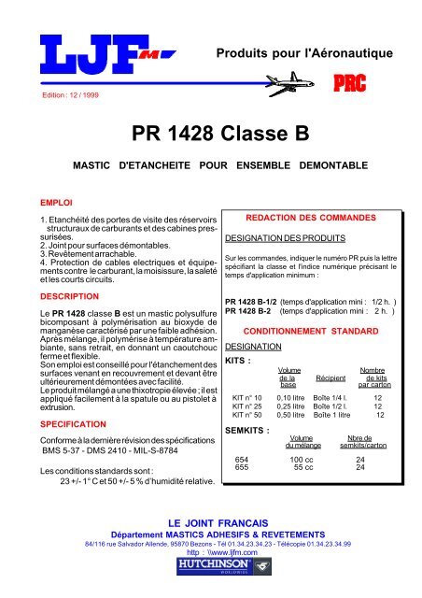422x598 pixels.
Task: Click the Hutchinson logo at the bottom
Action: (211, 566)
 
